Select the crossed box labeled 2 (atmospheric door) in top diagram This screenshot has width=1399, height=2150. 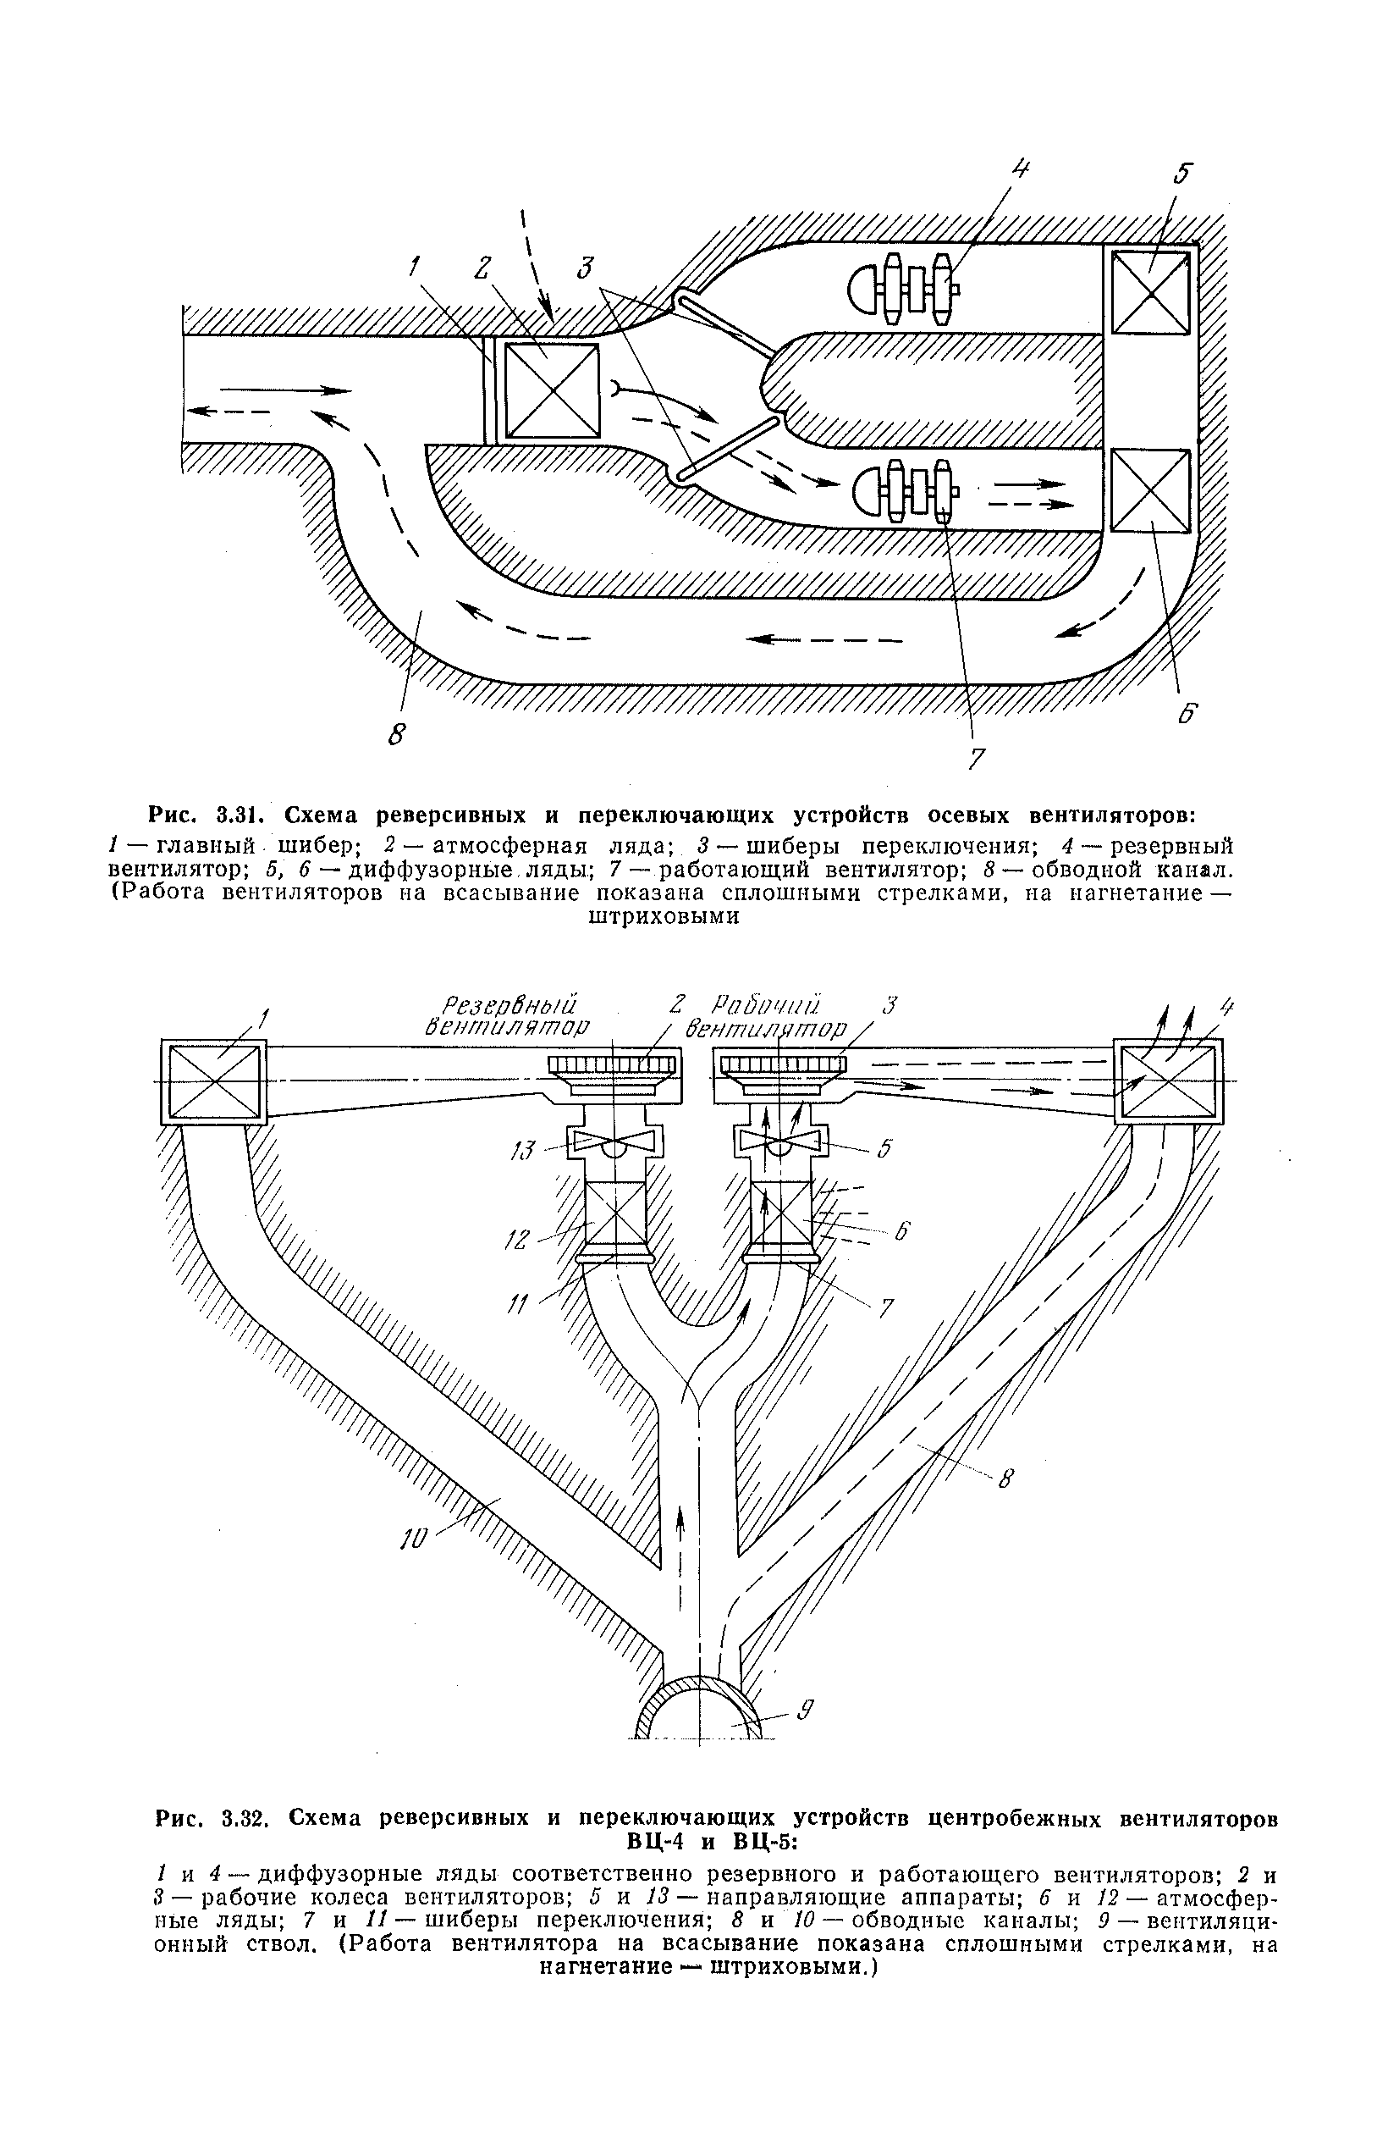[x=551, y=390]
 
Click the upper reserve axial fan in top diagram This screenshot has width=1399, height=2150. [x=903, y=288]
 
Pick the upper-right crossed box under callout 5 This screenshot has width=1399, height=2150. [x=1149, y=292]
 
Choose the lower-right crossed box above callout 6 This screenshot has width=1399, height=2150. [x=1149, y=490]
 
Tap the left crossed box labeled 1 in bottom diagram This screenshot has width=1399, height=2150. [x=213, y=1081]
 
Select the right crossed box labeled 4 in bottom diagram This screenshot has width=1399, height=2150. [x=1168, y=1081]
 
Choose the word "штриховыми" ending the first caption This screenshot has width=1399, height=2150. [x=664, y=917]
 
